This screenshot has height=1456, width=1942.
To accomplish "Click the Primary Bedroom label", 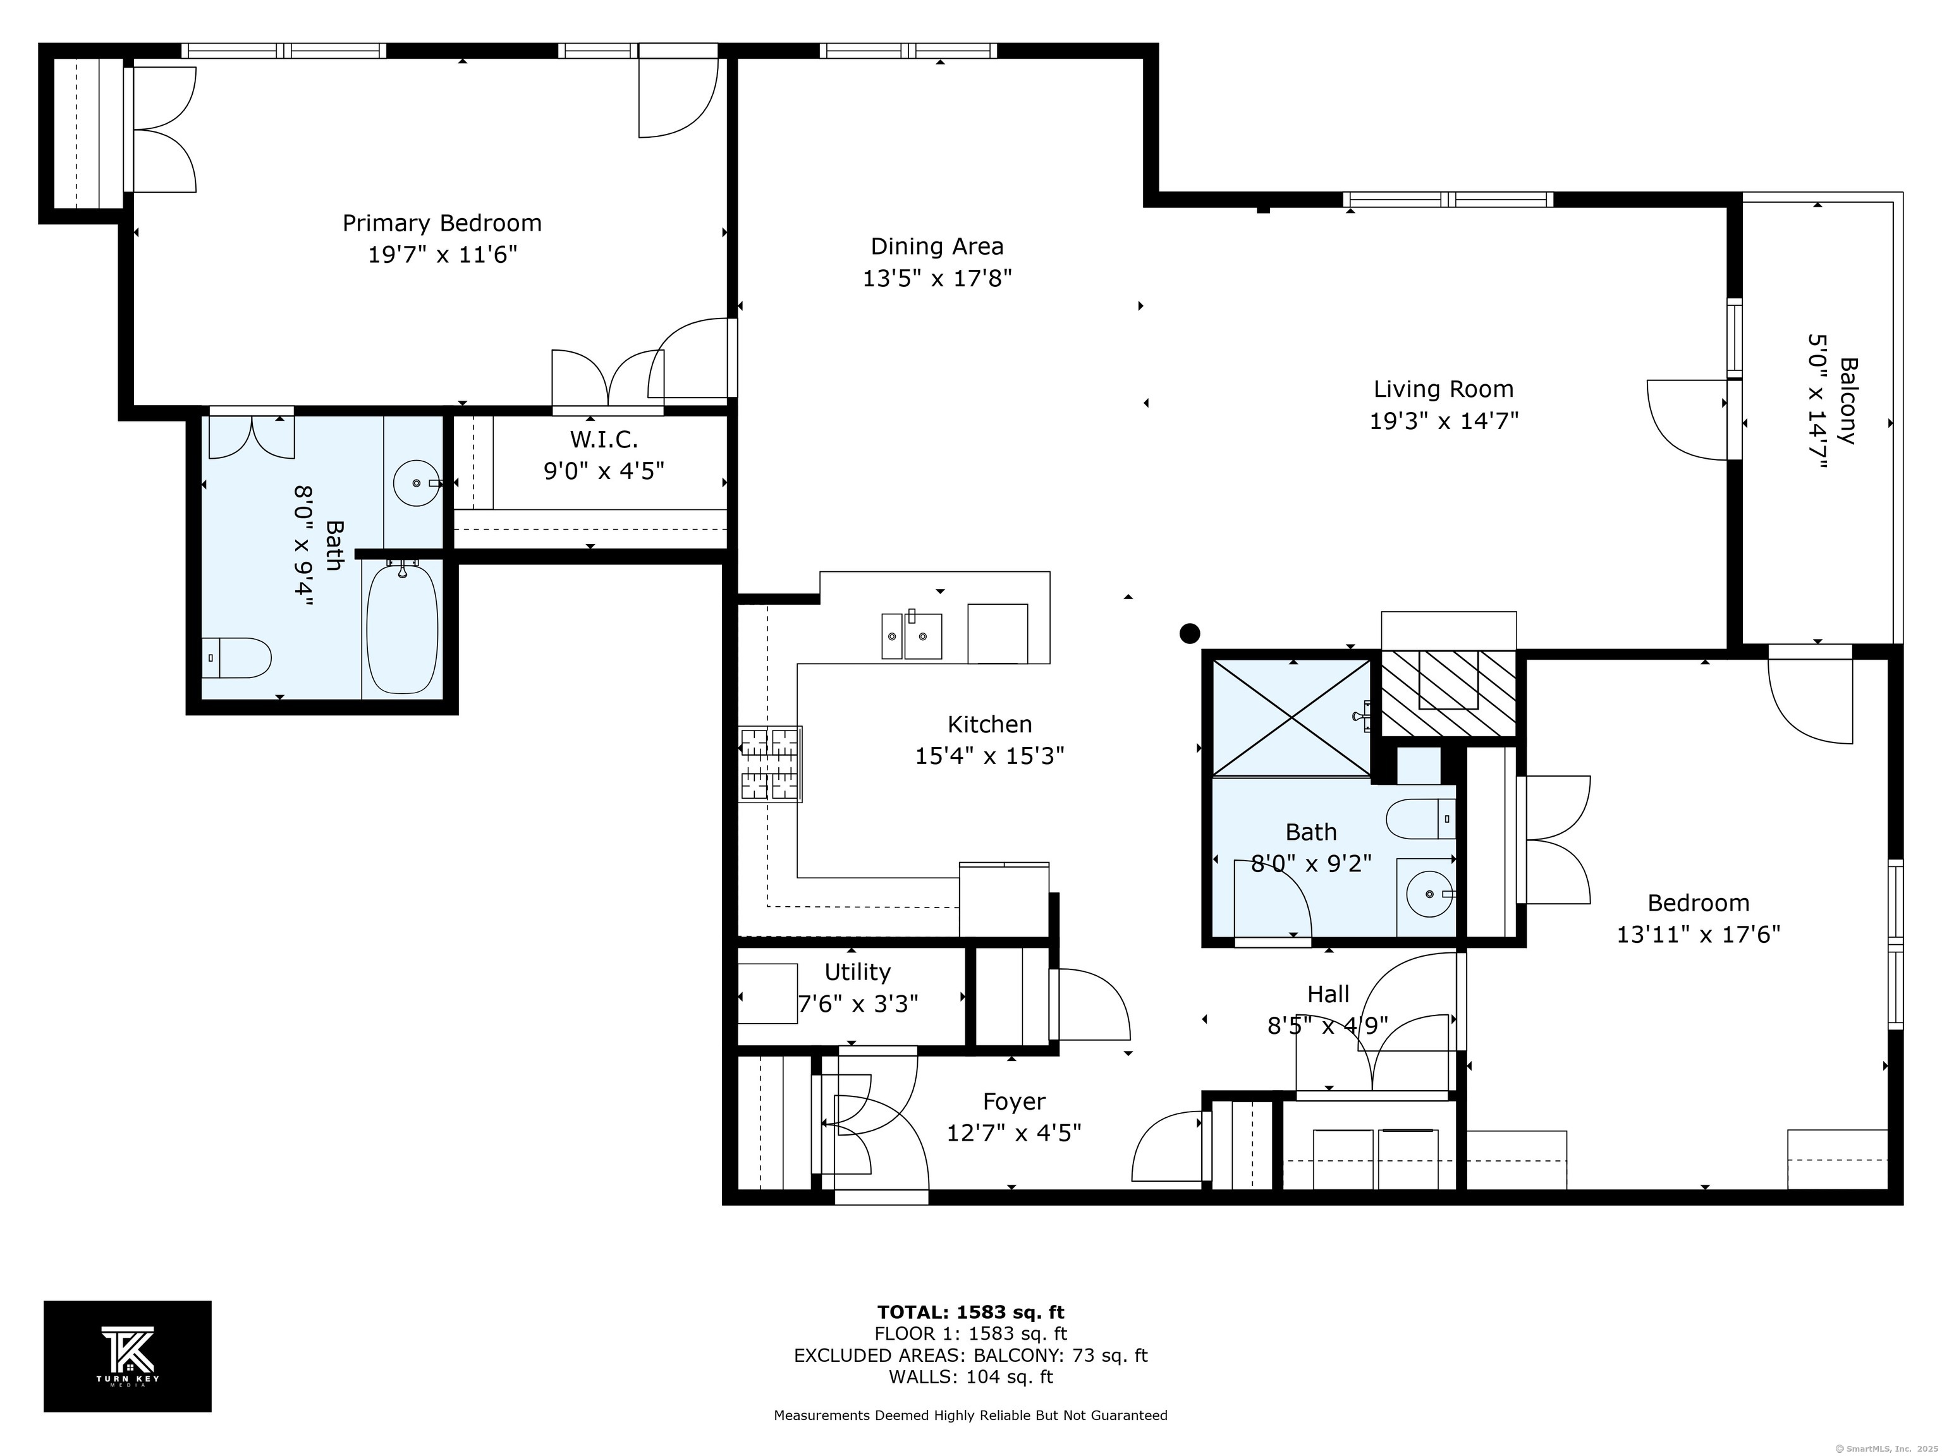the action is (x=442, y=223).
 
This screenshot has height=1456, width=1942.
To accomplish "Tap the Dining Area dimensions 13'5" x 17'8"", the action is (x=937, y=278).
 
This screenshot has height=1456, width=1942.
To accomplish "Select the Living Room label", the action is (x=1443, y=389).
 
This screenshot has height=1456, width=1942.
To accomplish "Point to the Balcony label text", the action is (x=1848, y=400).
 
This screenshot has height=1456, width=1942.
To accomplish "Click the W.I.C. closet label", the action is (x=604, y=439).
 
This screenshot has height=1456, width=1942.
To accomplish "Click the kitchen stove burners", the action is (x=770, y=763).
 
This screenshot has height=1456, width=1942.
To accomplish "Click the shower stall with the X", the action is (x=1292, y=718).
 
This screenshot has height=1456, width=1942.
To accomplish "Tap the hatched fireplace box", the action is (x=1449, y=693).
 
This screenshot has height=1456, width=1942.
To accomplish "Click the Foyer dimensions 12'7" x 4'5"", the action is (x=1013, y=1133).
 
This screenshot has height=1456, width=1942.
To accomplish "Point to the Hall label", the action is (x=1328, y=994).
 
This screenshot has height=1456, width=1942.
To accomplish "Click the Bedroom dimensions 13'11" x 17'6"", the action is (x=1698, y=934).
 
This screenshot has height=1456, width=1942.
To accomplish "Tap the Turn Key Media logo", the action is (x=127, y=1356).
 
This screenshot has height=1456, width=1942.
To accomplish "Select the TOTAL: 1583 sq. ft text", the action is (x=970, y=1312).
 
